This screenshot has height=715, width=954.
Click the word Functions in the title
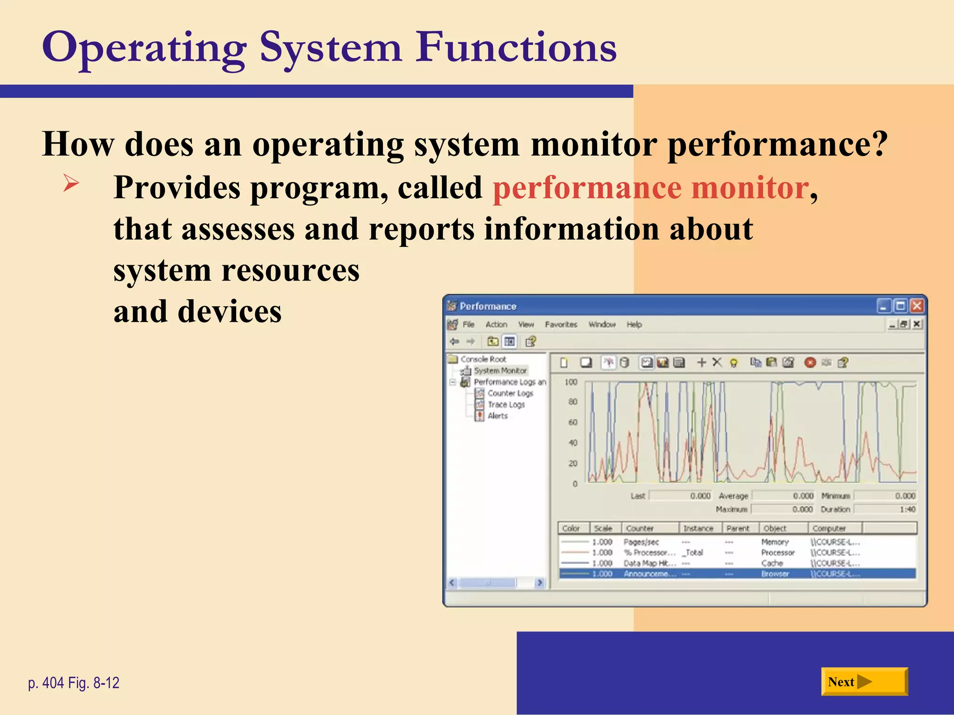516,47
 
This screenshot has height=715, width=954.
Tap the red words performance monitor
650,188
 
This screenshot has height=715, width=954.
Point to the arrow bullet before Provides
71,183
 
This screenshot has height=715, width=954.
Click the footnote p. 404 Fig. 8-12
74,683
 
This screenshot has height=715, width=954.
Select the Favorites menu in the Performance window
560,324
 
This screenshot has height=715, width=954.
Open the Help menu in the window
634,324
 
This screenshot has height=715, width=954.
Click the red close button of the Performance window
916,306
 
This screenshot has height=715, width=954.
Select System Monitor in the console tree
500,371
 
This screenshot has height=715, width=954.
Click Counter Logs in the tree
510,393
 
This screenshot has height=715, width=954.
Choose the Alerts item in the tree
497,416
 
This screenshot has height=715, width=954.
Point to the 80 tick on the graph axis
572,402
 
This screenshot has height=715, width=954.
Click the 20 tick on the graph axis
572,464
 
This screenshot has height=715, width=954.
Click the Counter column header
640,528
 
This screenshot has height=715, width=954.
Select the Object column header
775,528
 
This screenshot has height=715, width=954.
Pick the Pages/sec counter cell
641,542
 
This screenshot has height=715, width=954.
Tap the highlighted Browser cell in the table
775,574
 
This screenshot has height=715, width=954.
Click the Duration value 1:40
907,509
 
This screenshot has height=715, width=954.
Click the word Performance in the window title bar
488,306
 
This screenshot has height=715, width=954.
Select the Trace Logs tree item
506,405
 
